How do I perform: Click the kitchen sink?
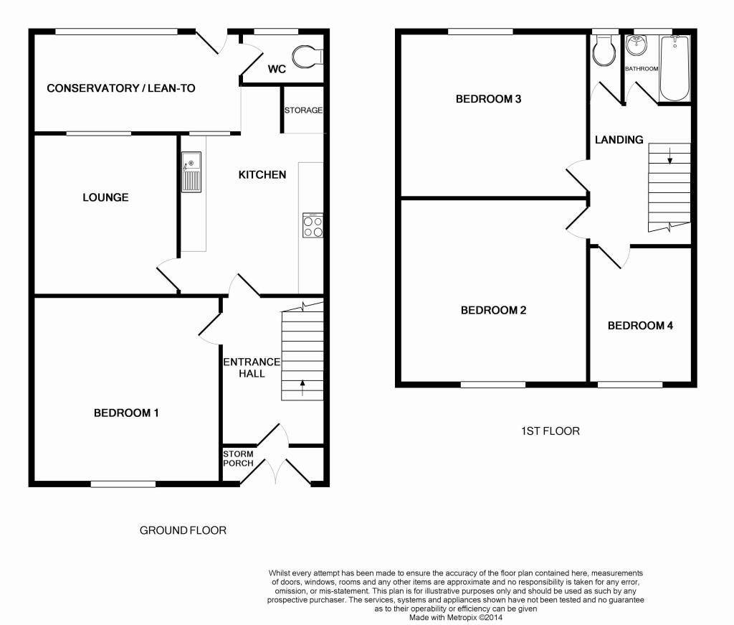(191, 172)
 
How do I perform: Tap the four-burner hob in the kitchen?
(313, 225)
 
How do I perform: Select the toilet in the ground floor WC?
(308, 57)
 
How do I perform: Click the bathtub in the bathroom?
(674, 68)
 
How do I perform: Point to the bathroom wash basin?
(637, 45)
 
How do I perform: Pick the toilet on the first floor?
(604, 51)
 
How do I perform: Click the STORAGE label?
(303, 110)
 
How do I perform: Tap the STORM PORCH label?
(238, 459)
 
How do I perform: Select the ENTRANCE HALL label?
(252, 368)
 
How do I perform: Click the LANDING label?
(619, 140)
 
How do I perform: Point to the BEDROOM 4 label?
(640, 326)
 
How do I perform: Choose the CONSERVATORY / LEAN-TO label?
(120, 88)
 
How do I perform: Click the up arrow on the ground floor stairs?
(302, 387)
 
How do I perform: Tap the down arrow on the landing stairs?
(670, 156)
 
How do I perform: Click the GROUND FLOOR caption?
(183, 530)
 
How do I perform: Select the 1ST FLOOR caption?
(550, 431)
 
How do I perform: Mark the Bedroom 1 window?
(123, 484)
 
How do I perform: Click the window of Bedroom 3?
(480, 32)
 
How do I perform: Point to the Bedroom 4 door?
(614, 257)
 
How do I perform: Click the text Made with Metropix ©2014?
(456, 618)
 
